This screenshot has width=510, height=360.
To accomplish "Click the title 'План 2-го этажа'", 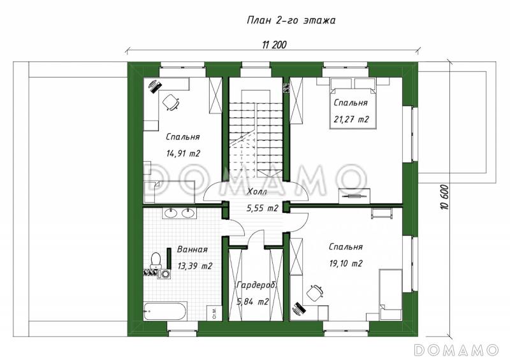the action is point(291,20).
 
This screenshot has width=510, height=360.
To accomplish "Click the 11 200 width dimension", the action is point(274,45).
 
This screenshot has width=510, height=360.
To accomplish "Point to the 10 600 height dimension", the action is point(444,197).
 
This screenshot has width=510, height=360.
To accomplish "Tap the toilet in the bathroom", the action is point(156,261).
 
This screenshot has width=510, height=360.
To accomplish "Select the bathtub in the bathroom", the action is point(165,311).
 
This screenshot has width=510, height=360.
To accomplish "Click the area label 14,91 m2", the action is point(183,153).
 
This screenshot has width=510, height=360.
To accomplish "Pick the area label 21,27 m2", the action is point(351,119).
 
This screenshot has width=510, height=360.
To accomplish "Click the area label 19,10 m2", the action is point(346,263).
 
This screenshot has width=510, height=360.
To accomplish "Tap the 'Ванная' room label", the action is point(193,250).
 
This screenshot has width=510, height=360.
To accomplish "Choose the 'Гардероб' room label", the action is point(257,285).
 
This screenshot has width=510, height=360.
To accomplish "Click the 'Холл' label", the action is point(257,192).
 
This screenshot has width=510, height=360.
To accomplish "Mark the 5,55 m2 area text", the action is point(263,208).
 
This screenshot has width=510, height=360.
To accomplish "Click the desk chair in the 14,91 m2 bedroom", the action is point(171,103).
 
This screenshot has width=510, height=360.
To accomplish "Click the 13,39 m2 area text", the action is point(195,266).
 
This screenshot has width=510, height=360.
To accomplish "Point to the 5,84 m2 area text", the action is point(252,302).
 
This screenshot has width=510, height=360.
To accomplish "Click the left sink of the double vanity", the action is point(170,213).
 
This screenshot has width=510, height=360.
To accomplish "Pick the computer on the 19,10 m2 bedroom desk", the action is point(298,308).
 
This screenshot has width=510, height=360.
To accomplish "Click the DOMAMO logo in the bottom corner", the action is point(456,350).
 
